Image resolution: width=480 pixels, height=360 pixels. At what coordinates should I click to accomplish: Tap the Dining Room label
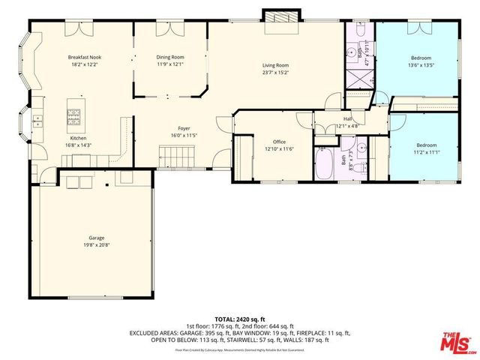(169, 57)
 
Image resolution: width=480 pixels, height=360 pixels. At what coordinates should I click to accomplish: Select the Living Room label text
(275, 65)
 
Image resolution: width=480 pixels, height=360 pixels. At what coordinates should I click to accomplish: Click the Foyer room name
(184, 128)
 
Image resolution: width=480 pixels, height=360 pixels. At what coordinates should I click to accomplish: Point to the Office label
(279, 141)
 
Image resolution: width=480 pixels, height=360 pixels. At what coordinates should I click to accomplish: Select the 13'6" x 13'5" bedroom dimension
(421, 64)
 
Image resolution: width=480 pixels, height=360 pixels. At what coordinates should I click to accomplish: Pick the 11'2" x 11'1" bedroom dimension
(426, 151)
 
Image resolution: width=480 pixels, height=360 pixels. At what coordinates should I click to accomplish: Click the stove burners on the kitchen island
(75, 115)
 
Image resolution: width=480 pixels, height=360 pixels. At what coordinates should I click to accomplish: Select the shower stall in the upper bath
(359, 79)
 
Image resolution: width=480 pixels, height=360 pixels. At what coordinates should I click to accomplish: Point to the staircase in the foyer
(177, 157)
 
